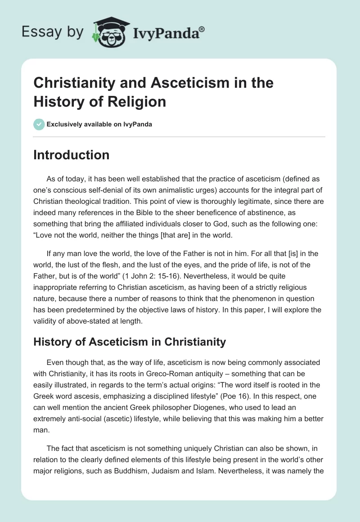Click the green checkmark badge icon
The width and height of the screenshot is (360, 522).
point(39,124)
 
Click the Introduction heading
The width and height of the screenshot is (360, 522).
point(71,155)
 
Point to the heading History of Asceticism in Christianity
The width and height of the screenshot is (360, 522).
point(130,342)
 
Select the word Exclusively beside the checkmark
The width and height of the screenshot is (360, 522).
point(66,124)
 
